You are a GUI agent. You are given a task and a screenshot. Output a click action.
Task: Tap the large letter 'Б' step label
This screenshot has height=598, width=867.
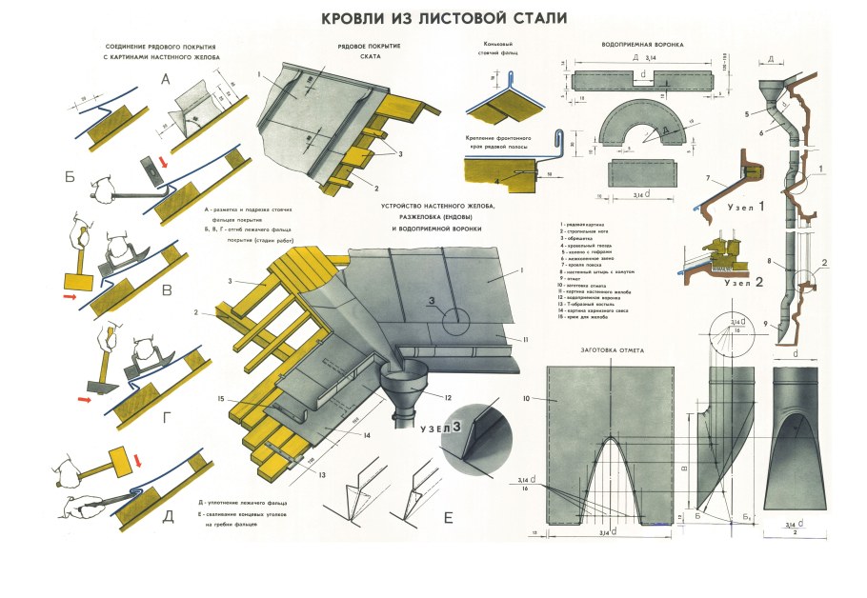click(x=69, y=175)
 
